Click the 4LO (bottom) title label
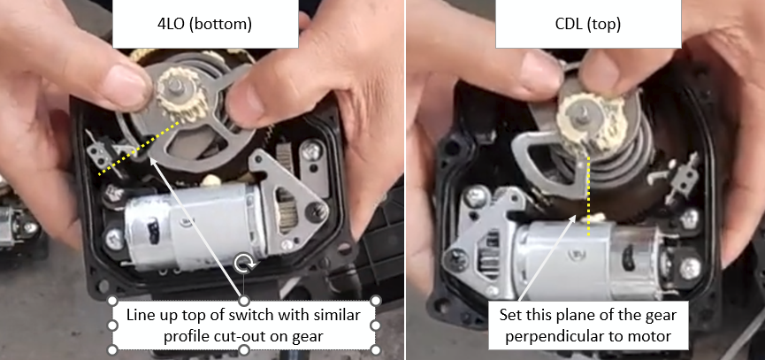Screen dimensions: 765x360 click(205, 25)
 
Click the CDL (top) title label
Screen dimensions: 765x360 click(588, 25)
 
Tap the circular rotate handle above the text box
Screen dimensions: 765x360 click(243, 264)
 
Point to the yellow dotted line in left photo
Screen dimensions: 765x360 click(141, 149)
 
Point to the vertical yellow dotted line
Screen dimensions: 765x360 click(588, 196)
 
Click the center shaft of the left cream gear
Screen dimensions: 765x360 click(175, 88)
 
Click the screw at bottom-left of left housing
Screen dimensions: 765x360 click(114, 240)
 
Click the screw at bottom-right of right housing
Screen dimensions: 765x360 click(690, 268)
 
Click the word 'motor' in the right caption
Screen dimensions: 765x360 click(656, 337)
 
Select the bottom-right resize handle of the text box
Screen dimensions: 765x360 click(376, 349)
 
